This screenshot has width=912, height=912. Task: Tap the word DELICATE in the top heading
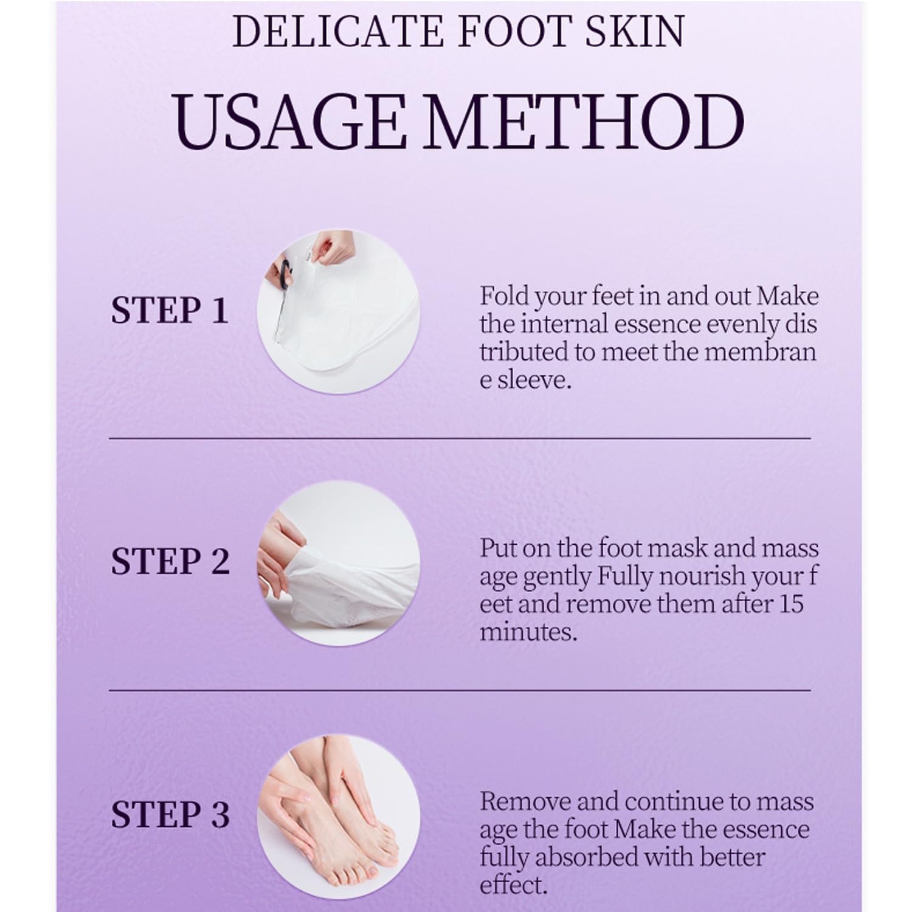(x=337, y=31)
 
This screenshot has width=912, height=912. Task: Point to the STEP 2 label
(x=170, y=561)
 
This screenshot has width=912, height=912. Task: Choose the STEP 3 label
(x=170, y=815)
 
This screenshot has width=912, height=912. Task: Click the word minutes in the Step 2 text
(x=528, y=632)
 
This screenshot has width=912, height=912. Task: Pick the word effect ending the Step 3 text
(x=513, y=885)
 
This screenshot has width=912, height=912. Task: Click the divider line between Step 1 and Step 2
(x=460, y=438)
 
